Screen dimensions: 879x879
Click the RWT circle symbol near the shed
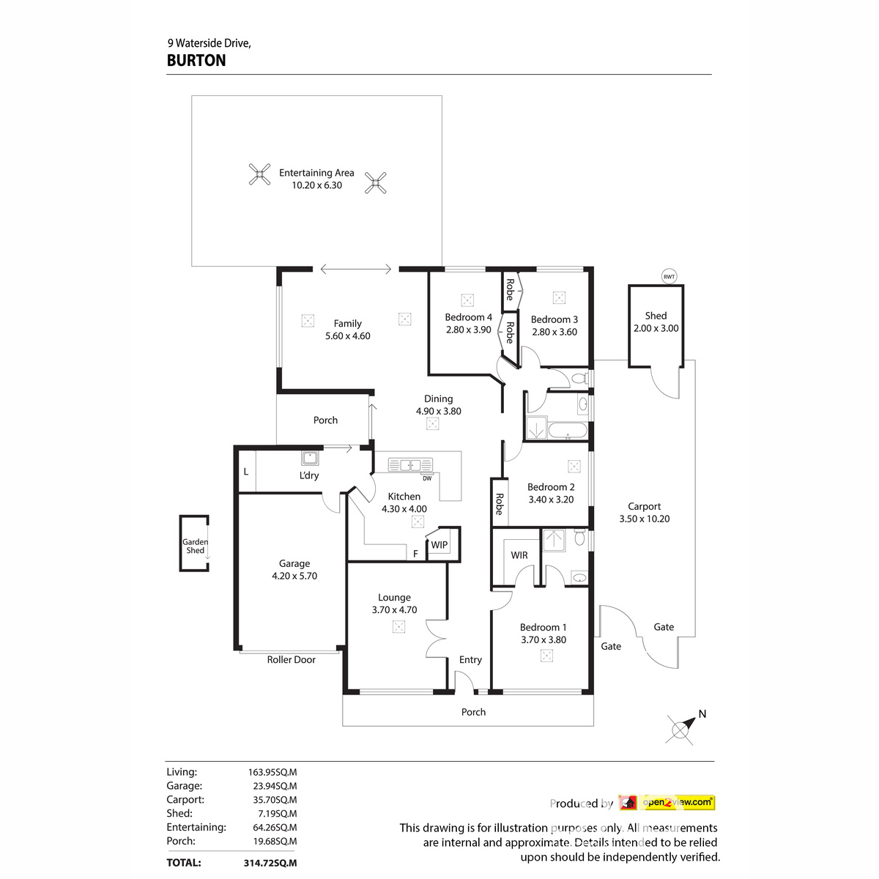click(669, 276)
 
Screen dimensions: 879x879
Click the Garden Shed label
click(195, 546)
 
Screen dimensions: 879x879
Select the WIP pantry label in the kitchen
click(439, 545)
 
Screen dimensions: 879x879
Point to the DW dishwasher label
click(426, 479)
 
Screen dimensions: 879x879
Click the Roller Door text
click(291, 659)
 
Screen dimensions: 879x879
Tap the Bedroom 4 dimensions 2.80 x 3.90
click(468, 330)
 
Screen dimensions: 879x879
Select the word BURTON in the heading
click(196, 61)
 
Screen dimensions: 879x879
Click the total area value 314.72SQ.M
click(270, 863)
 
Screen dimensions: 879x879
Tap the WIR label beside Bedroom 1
click(519, 555)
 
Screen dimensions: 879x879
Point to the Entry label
click(470, 659)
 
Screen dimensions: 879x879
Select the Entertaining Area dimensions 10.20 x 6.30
click(316, 185)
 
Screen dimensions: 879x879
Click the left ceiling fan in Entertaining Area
click(259, 174)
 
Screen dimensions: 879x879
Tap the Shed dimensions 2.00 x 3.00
click(656, 328)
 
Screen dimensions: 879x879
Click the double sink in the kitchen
click(410, 464)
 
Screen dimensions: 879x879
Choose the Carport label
click(644, 506)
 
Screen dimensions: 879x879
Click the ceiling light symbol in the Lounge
click(398, 626)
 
